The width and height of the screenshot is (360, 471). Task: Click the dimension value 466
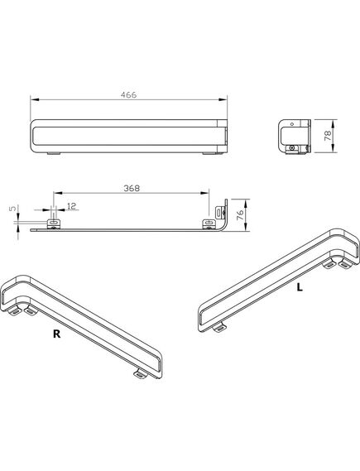pos(128,95)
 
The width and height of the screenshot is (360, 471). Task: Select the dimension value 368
pos(132,189)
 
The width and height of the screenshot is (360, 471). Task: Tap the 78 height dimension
pos(329,136)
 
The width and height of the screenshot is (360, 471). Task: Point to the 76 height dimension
pos(240,215)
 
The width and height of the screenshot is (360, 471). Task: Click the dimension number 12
pos(72,206)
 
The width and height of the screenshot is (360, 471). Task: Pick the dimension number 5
pos(12,208)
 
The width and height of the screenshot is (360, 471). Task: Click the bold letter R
pos(56,334)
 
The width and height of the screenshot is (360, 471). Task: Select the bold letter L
pos(300,287)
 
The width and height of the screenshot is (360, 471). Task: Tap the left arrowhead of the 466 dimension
pos(35,99)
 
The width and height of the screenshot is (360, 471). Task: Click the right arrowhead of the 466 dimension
pos(223,99)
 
